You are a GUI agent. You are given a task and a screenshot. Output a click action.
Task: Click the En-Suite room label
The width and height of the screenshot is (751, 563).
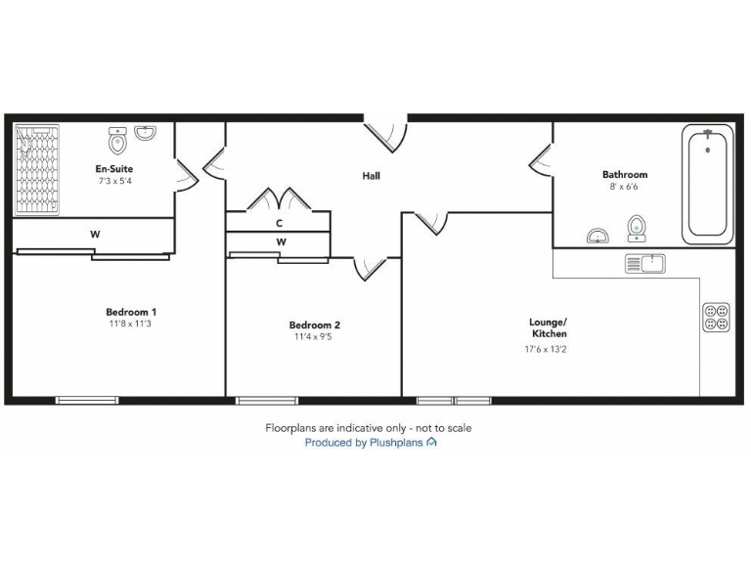point(115,169)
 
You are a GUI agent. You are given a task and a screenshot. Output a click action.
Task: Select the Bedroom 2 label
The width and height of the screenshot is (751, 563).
point(314,325)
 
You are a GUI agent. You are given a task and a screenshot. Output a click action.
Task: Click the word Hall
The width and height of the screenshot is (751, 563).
point(371,176)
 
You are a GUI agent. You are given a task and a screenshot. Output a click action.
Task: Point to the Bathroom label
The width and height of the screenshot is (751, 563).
point(624,175)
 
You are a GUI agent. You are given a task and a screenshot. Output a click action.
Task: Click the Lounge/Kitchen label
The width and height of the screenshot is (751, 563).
point(548,327)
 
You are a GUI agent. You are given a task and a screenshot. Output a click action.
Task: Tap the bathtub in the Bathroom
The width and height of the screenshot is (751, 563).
point(707,184)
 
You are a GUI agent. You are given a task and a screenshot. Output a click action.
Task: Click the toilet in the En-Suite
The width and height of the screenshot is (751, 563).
point(118,141)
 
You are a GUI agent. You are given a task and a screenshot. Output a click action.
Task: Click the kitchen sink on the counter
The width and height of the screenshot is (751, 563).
point(644,263)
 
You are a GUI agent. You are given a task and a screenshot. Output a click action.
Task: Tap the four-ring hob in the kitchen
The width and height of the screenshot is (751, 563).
point(716,317)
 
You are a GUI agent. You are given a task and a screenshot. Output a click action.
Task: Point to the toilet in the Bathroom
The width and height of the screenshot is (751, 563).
point(636,228)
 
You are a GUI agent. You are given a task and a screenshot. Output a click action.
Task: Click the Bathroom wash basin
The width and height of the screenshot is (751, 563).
point(597,236)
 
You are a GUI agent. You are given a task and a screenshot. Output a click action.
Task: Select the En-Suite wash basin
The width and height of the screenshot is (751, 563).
point(146,133)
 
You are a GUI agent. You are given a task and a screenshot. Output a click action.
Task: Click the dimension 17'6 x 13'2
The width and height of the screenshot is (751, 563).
point(548,346)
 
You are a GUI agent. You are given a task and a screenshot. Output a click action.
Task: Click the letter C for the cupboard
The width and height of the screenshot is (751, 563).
point(279,223)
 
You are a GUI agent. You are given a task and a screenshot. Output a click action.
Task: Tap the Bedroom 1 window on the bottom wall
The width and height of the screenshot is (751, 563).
point(87,399)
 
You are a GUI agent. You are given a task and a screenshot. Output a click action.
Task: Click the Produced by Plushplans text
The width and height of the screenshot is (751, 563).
point(370,443)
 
